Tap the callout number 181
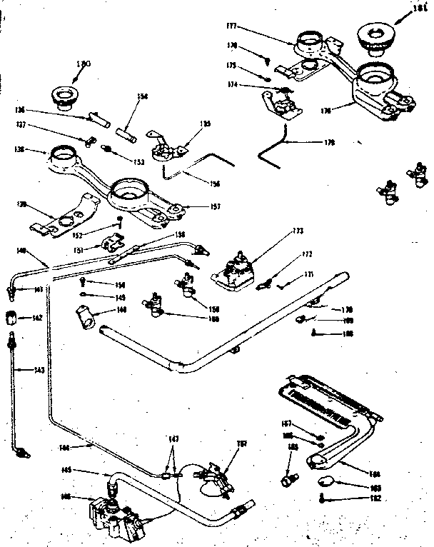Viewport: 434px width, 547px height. [419, 11]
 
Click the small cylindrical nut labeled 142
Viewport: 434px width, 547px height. [12, 317]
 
